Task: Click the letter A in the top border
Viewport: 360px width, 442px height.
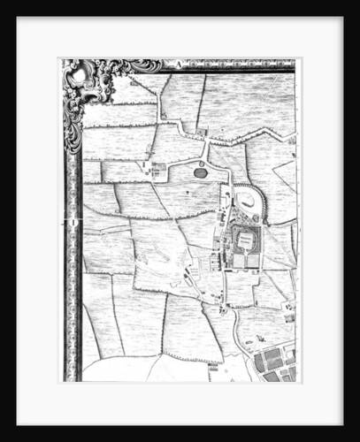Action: tap(176, 64)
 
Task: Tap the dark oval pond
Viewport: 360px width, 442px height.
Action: tap(201, 172)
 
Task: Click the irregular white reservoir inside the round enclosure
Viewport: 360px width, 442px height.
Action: tap(248, 202)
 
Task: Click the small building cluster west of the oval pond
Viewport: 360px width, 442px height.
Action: tap(159, 168)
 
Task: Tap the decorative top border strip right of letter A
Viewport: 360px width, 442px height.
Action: tap(239, 64)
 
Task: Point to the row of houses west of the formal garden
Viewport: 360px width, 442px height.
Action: tap(217, 261)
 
